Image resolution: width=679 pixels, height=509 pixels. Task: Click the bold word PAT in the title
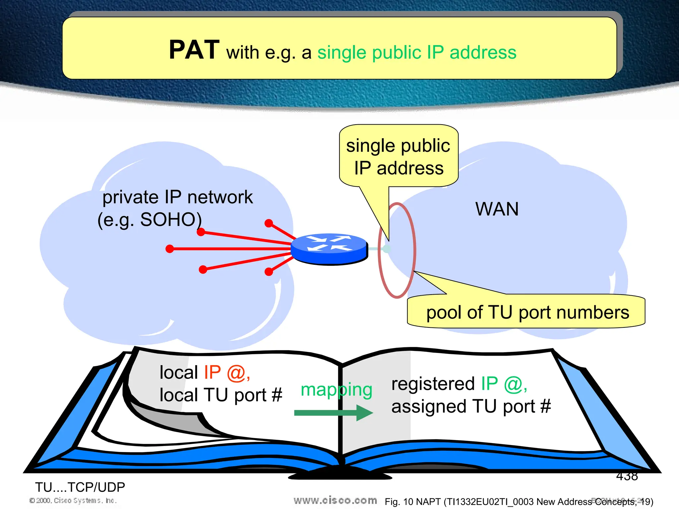coord(194,50)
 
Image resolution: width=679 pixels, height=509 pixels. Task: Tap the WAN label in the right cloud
coord(497,209)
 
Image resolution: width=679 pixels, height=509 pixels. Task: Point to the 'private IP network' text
coord(177,198)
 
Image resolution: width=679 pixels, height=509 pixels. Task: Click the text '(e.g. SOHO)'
coord(150,220)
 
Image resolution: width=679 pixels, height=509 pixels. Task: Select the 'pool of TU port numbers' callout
coord(527,312)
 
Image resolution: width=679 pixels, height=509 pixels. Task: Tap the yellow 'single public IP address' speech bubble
coord(398,157)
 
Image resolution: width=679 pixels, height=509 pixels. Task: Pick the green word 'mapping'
coord(336,390)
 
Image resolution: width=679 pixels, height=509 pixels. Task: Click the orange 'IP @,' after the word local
coord(227,373)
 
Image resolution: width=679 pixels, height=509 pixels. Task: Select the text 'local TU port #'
coord(220,395)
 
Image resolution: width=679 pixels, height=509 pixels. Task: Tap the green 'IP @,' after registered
coord(504,384)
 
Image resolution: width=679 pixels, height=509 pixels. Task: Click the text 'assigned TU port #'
coord(471,407)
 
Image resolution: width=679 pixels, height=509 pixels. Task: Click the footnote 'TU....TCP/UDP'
coord(80,487)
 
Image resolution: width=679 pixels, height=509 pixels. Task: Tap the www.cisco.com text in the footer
coord(335,500)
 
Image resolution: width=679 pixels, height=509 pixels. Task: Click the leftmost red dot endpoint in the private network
coord(170,249)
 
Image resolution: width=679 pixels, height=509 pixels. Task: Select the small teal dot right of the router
coord(386,249)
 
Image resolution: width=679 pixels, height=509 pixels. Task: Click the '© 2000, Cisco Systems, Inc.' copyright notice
coord(73,501)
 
